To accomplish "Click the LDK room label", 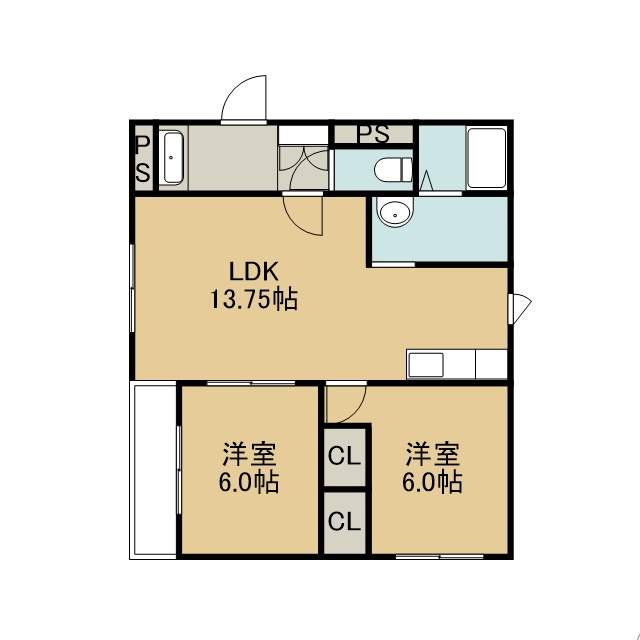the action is click(253, 271).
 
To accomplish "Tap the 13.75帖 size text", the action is click(253, 300).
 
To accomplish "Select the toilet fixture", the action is click(394, 170).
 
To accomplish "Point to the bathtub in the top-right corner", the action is click(487, 158).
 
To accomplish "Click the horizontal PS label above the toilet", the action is click(373, 134).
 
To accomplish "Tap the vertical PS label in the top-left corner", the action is click(143, 159).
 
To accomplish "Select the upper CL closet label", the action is click(345, 456).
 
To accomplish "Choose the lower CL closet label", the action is click(345, 521).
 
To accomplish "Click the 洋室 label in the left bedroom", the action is click(249, 454).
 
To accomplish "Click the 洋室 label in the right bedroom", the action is click(433, 454).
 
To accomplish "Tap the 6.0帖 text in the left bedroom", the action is click(249, 482).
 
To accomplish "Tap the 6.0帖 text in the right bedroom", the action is click(432, 482).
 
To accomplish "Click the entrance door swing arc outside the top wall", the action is click(233, 87).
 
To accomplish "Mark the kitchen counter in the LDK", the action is click(457, 364).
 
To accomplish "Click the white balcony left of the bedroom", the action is click(153, 470).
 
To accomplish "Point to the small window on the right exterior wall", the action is click(519, 308).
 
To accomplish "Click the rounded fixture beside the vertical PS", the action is click(173, 158).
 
